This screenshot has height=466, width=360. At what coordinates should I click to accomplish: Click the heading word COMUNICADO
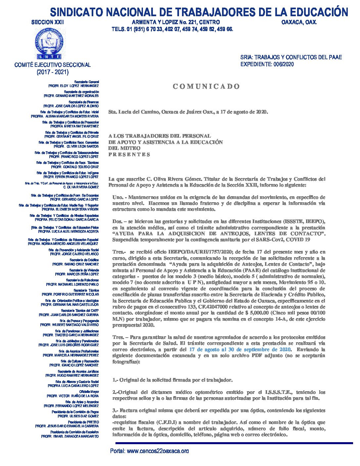(206, 87)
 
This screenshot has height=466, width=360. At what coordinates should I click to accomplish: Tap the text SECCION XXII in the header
(47, 22)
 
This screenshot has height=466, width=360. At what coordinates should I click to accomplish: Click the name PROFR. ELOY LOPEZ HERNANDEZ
(73, 86)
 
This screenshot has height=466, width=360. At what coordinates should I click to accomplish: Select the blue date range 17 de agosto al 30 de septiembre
(240, 349)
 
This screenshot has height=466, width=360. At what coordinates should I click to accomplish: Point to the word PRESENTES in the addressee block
(129, 155)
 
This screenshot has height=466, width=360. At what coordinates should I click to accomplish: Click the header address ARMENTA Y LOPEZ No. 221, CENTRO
(176, 22)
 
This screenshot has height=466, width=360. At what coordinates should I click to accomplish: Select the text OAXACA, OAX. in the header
(299, 22)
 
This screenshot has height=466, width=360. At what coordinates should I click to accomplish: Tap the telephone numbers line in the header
(172, 29)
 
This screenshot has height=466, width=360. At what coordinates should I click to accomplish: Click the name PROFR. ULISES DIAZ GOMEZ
(78, 416)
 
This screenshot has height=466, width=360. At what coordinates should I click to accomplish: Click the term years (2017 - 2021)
(53, 72)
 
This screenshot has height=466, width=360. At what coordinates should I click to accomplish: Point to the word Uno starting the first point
(118, 197)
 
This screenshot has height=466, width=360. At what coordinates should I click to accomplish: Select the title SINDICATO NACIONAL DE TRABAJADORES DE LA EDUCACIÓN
(199, 12)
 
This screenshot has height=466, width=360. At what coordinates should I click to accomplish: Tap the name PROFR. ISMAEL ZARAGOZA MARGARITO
(70, 437)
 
